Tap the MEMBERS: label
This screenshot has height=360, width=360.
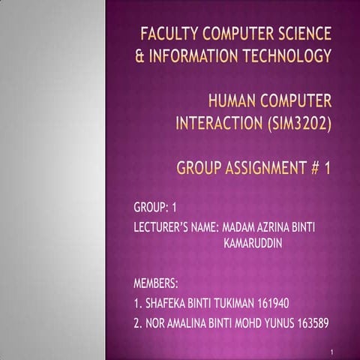click(x=155, y=285)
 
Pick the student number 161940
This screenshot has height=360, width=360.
click(x=271, y=304)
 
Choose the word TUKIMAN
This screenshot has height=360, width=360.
click(x=229, y=304)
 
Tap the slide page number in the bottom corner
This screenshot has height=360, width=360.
click(x=331, y=349)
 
